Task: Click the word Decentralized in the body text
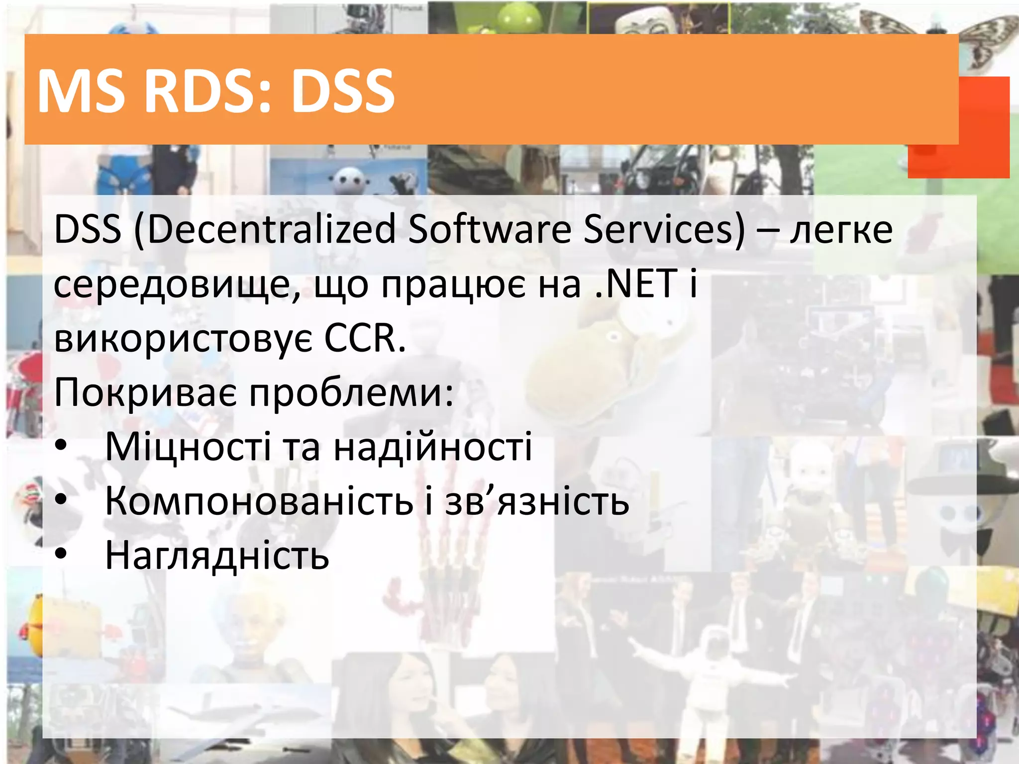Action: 271,230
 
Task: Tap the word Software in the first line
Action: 490,230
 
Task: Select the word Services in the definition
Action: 664,230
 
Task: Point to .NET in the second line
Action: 636,284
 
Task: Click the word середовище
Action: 177,285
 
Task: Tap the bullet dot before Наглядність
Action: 61,554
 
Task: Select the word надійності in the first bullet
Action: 432,447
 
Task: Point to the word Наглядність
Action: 217,555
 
